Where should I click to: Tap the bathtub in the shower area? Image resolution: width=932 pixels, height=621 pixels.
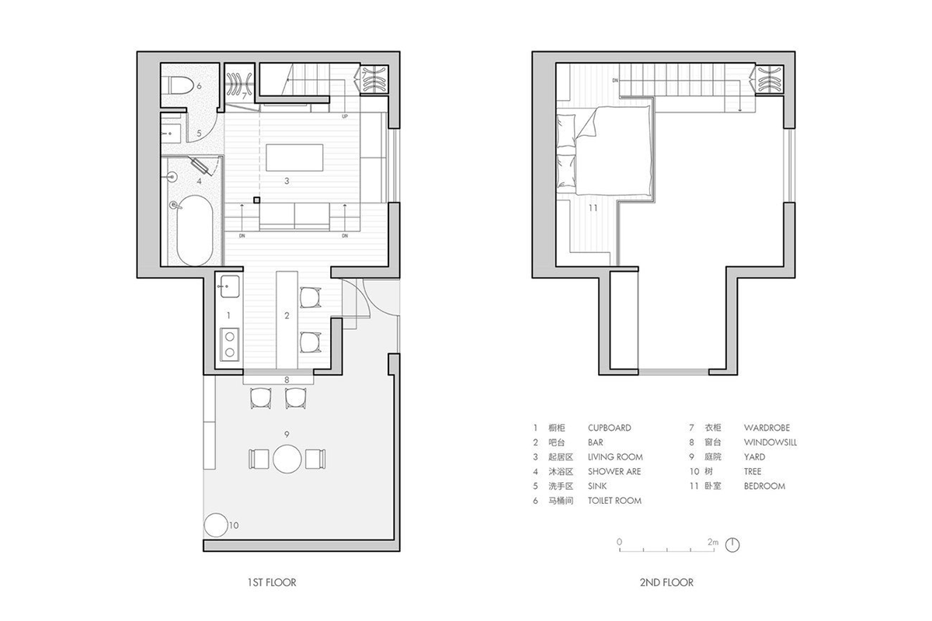(195, 230)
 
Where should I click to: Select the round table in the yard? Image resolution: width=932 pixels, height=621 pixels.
(287, 459)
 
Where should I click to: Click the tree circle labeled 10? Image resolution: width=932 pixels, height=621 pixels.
(216, 525)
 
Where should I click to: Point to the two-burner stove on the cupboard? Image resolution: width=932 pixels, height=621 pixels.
(229, 344)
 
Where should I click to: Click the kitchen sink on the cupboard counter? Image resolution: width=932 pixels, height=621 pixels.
(229, 286)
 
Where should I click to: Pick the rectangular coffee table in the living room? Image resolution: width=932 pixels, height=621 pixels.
(294, 158)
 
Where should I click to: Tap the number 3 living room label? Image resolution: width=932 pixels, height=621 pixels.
(287, 181)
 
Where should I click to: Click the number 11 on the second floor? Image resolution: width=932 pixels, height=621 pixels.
(593, 207)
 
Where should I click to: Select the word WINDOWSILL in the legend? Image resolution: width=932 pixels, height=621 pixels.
(770, 442)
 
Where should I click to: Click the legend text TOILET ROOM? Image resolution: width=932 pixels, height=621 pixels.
(614, 501)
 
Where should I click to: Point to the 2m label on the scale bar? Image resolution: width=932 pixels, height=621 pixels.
(713, 542)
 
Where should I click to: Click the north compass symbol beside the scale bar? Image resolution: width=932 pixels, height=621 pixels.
(732, 545)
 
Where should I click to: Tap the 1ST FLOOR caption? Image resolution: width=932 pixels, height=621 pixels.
(272, 582)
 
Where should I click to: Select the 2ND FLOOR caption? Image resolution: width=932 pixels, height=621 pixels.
(666, 582)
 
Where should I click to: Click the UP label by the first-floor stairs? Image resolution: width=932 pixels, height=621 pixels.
(345, 116)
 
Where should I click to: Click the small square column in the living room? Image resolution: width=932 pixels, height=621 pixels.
(257, 200)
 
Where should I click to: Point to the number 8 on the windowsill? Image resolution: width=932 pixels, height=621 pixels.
(287, 380)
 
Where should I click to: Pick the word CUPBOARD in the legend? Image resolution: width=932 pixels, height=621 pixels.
(610, 428)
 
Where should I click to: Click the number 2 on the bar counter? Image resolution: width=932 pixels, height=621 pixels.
(287, 316)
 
